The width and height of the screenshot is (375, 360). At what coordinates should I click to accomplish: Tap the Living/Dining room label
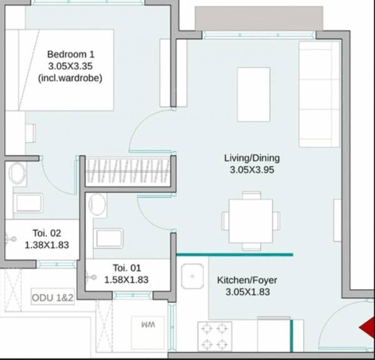coord(252,157)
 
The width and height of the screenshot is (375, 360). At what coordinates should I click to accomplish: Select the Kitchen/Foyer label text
coord(247,281)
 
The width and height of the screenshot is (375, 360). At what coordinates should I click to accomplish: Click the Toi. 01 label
coord(131,267)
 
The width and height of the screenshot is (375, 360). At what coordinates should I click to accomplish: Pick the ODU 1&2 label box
coord(52,297)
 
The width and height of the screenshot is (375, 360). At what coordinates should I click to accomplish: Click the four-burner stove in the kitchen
coord(214,336)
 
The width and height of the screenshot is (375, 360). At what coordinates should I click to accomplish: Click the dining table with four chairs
coord(251,220)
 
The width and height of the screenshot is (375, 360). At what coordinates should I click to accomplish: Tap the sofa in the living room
coord(318,92)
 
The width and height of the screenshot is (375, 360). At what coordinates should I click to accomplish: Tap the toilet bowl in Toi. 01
coord(97,203)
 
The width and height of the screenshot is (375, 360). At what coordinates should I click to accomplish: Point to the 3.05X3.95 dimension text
coord(252,169)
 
